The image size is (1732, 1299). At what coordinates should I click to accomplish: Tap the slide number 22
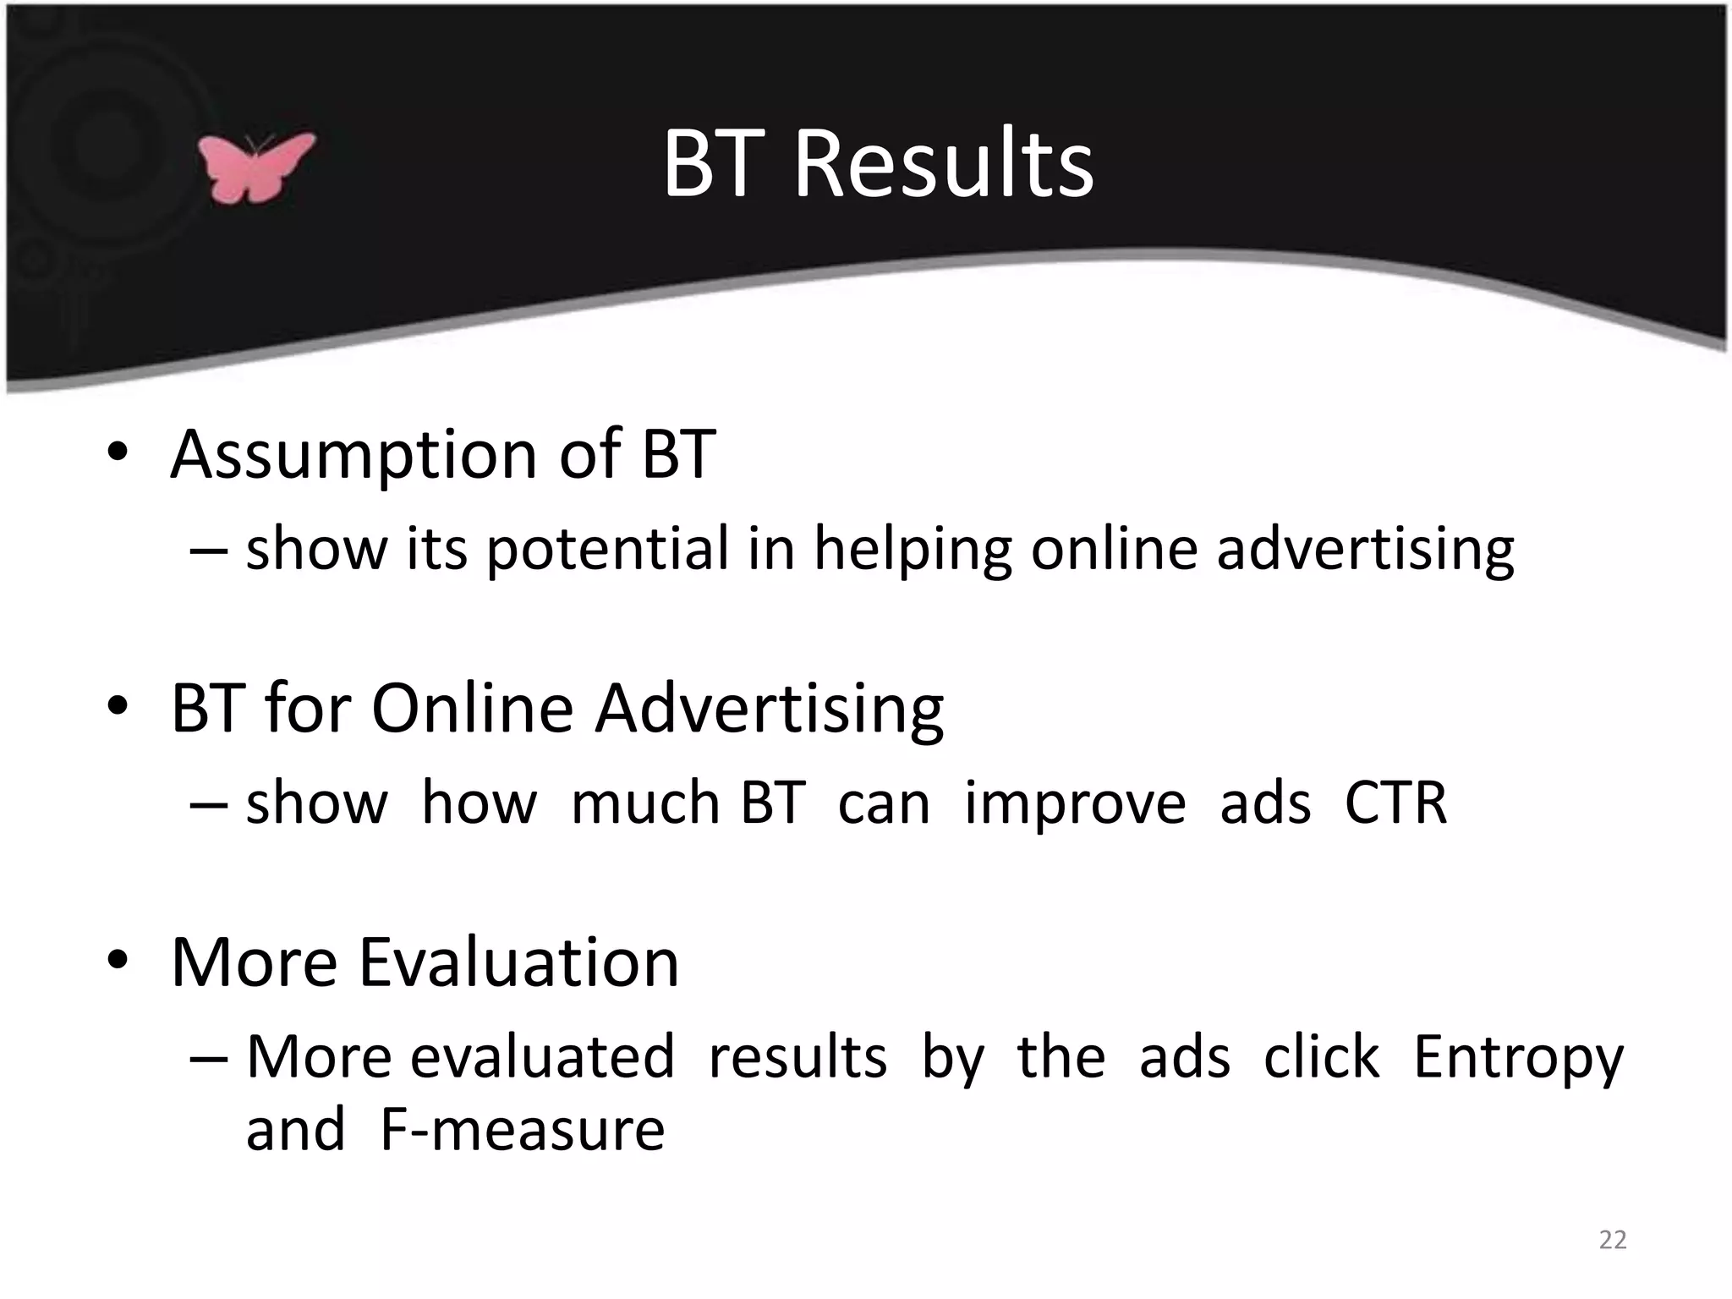click(1612, 1240)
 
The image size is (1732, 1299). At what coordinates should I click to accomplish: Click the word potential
click(607, 549)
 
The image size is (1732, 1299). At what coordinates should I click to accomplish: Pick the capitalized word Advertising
click(769, 709)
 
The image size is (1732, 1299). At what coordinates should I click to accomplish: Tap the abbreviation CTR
click(1395, 803)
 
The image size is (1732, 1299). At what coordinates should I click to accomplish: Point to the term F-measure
click(523, 1130)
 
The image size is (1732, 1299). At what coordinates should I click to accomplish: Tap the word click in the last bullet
click(1321, 1057)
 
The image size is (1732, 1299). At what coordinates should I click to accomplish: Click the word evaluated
click(542, 1057)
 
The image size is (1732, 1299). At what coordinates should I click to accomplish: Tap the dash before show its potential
click(208, 550)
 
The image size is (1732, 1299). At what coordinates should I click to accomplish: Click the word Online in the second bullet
click(472, 709)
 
